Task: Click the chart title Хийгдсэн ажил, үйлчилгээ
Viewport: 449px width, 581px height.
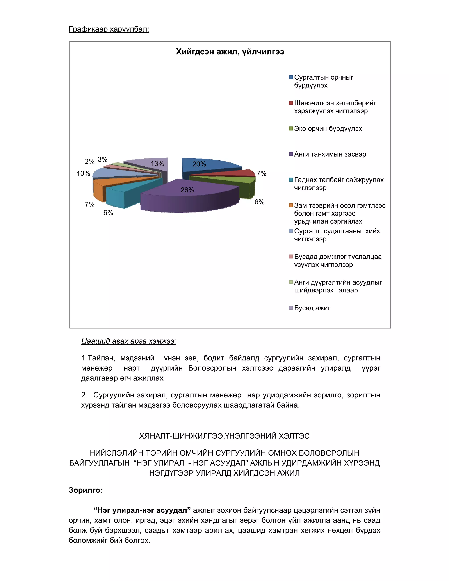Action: pos(230,52)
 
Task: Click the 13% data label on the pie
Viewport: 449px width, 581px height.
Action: pos(157,164)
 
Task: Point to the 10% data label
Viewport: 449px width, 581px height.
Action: pos(83,173)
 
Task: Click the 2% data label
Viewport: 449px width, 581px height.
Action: pos(89,162)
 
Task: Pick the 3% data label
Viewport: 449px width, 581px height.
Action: pos(102,159)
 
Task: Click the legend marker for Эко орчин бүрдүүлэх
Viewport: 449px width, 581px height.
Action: pos(291,129)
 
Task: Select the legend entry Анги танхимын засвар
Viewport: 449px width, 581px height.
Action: pos(330,154)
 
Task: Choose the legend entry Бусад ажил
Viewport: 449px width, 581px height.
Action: pos(313,308)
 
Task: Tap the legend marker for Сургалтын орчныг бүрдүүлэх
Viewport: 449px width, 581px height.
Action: pos(291,77)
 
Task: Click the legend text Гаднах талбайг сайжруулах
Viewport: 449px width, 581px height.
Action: pos(339,180)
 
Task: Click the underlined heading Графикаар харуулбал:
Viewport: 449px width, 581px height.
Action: pos(109,29)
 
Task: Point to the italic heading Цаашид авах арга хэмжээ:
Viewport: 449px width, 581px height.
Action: pos(129,341)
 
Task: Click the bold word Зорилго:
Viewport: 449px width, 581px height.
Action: pos(85,490)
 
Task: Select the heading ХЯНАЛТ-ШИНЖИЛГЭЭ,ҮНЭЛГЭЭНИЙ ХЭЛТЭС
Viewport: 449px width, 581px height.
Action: pos(224,436)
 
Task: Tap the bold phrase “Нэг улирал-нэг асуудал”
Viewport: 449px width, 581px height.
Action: pos(142,510)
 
